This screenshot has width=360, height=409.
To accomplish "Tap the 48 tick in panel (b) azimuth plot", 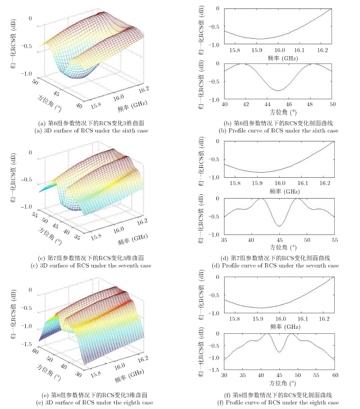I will [x=311, y=104].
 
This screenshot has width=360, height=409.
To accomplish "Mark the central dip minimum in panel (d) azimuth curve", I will [x=278, y=226].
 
